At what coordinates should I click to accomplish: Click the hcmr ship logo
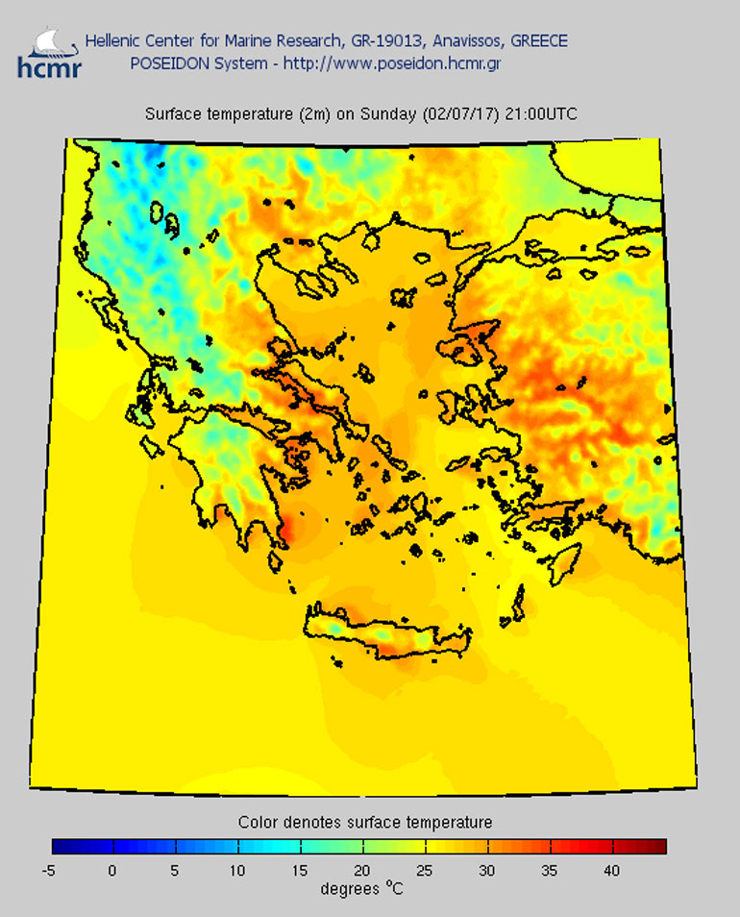pyautogui.click(x=49, y=52)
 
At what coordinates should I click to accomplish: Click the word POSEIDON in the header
pyautogui.click(x=166, y=63)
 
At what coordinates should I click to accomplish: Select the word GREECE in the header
pyautogui.click(x=538, y=40)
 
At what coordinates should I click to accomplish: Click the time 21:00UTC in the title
pyautogui.click(x=541, y=113)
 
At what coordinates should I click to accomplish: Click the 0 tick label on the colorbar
pyautogui.click(x=112, y=871)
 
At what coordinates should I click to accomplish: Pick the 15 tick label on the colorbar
pyautogui.click(x=300, y=871)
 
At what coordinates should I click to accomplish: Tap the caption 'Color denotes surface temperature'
pyautogui.click(x=365, y=823)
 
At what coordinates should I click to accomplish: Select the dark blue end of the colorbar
pyautogui.click(x=63, y=847)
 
